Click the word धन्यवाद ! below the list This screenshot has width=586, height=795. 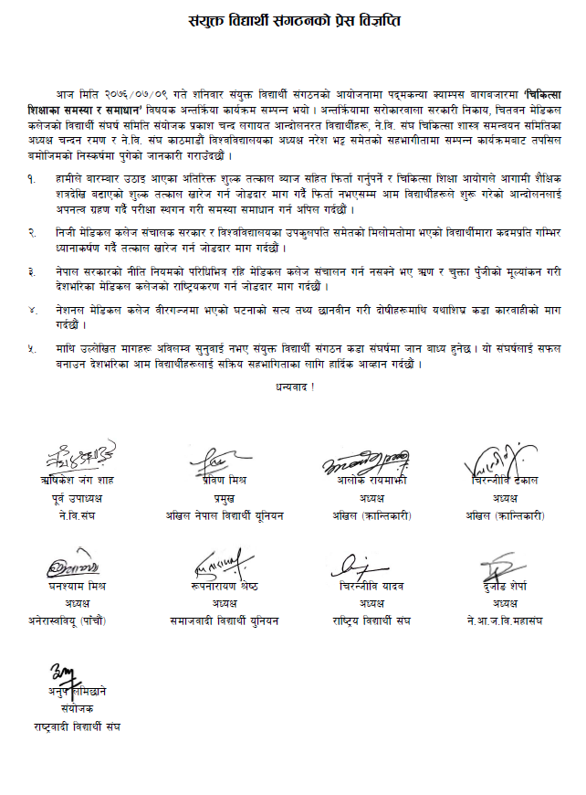click(293, 388)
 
